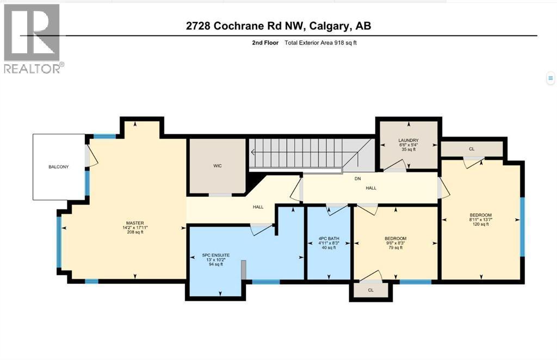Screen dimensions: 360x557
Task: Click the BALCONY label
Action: click(x=59, y=166)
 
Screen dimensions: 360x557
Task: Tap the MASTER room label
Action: click(x=134, y=222)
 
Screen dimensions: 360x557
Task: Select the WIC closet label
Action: click(x=216, y=165)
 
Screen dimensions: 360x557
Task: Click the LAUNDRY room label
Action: click(x=408, y=140)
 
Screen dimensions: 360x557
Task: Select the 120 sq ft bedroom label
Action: click(x=480, y=215)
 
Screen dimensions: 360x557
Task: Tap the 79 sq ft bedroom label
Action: click(x=395, y=239)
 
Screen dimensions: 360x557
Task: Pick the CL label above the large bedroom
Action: click(x=472, y=148)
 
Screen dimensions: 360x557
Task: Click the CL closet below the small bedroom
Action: click(x=370, y=290)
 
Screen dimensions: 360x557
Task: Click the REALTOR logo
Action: click(x=32, y=39)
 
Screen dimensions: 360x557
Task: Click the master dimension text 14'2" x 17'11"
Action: click(x=134, y=227)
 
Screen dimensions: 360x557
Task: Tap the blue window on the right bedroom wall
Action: click(x=522, y=226)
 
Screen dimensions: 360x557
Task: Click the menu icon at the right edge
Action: click(x=550, y=79)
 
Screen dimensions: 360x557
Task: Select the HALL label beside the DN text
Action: click(x=371, y=188)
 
